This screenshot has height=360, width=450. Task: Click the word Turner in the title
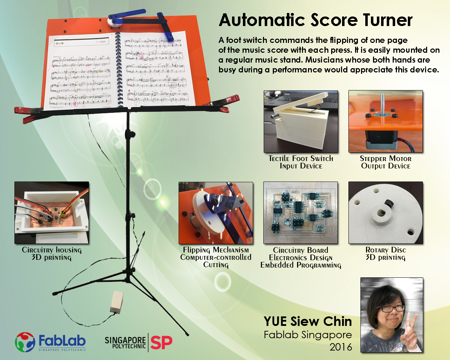click(387, 20)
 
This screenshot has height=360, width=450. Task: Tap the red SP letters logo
click(161, 342)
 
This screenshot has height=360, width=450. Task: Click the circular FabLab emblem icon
click(25, 342)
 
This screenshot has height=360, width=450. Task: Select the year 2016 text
click(341, 347)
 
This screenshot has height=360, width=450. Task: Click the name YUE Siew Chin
click(308, 321)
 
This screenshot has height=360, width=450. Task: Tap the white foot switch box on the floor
click(116, 302)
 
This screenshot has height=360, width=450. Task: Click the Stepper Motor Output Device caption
click(386, 162)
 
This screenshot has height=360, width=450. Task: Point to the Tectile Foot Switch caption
click(301, 162)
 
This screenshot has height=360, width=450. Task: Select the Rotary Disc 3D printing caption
click(386, 253)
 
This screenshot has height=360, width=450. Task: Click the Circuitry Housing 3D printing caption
click(52, 253)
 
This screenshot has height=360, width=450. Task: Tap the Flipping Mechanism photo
click(216, 213)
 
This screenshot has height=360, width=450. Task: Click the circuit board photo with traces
click(301, 213)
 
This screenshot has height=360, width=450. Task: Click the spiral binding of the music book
click(119, 69)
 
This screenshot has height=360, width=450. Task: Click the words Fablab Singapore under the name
click(308, 335)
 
